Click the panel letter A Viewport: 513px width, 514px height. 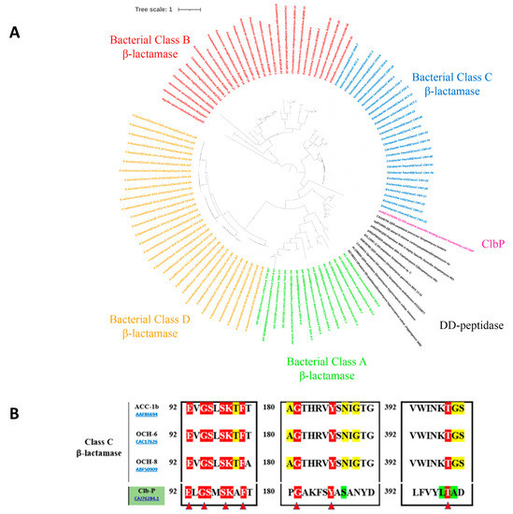coord(15,33)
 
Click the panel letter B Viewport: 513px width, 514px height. coord(15,384)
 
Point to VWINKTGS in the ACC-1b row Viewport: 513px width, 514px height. coord(436,408)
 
